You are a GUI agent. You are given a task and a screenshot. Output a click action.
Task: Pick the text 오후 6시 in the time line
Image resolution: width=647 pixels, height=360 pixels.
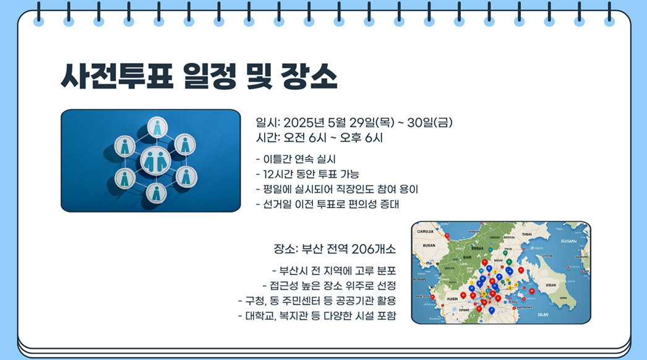tap(361, 138)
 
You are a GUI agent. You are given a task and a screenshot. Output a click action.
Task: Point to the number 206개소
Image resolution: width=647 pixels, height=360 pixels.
tap(374, 249)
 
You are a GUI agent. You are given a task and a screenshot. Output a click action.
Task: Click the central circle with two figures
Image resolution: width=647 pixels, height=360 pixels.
tap(155, 161)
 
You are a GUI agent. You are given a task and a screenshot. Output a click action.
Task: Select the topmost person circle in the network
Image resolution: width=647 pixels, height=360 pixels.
tap(157, 128)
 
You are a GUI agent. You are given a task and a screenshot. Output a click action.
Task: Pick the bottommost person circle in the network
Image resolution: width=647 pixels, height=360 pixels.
tap(156, 193)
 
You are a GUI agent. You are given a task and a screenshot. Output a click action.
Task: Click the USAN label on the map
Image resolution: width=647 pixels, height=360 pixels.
tap(550, 286)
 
